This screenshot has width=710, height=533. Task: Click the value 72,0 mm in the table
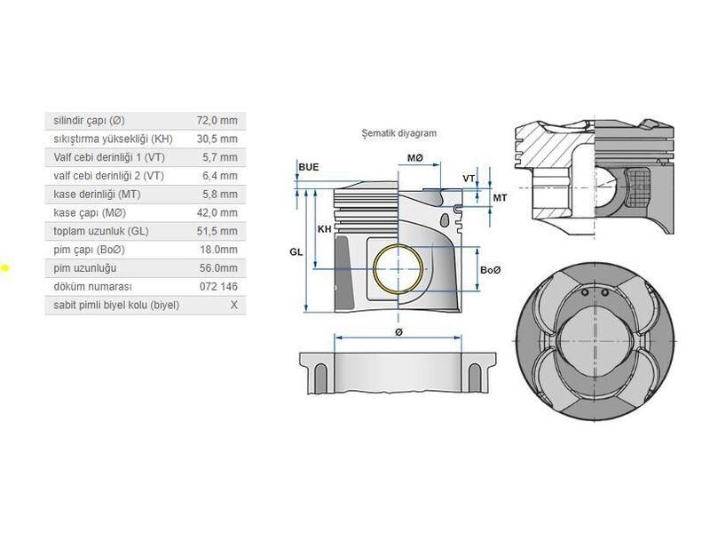coord(217,120)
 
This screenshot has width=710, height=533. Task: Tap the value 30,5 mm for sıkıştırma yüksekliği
coord(217,139)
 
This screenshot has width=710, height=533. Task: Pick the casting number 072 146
coord(219,286)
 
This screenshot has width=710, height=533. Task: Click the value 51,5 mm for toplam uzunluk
coord(217,231)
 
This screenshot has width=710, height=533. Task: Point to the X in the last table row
coord(233,305)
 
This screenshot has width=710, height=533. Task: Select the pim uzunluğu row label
coord(85,267)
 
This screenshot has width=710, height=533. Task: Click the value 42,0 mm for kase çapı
coord(217,212)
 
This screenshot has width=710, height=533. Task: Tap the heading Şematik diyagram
coord(398,133)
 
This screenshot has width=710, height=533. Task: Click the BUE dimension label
coord(309,167)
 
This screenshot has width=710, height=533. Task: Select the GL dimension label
coord(296,252)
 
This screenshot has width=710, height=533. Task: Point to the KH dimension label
coord(324,229)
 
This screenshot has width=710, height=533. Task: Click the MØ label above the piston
coord(415,158)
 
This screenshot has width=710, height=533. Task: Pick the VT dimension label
coord(469,179)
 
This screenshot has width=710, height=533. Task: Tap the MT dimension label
coord(500,197)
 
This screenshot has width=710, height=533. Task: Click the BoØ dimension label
coord(490,269)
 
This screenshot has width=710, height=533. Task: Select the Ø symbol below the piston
coord(398,331)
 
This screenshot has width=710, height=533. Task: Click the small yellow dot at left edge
coord(4,266)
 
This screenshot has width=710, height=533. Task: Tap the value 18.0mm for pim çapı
coord(218,250)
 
